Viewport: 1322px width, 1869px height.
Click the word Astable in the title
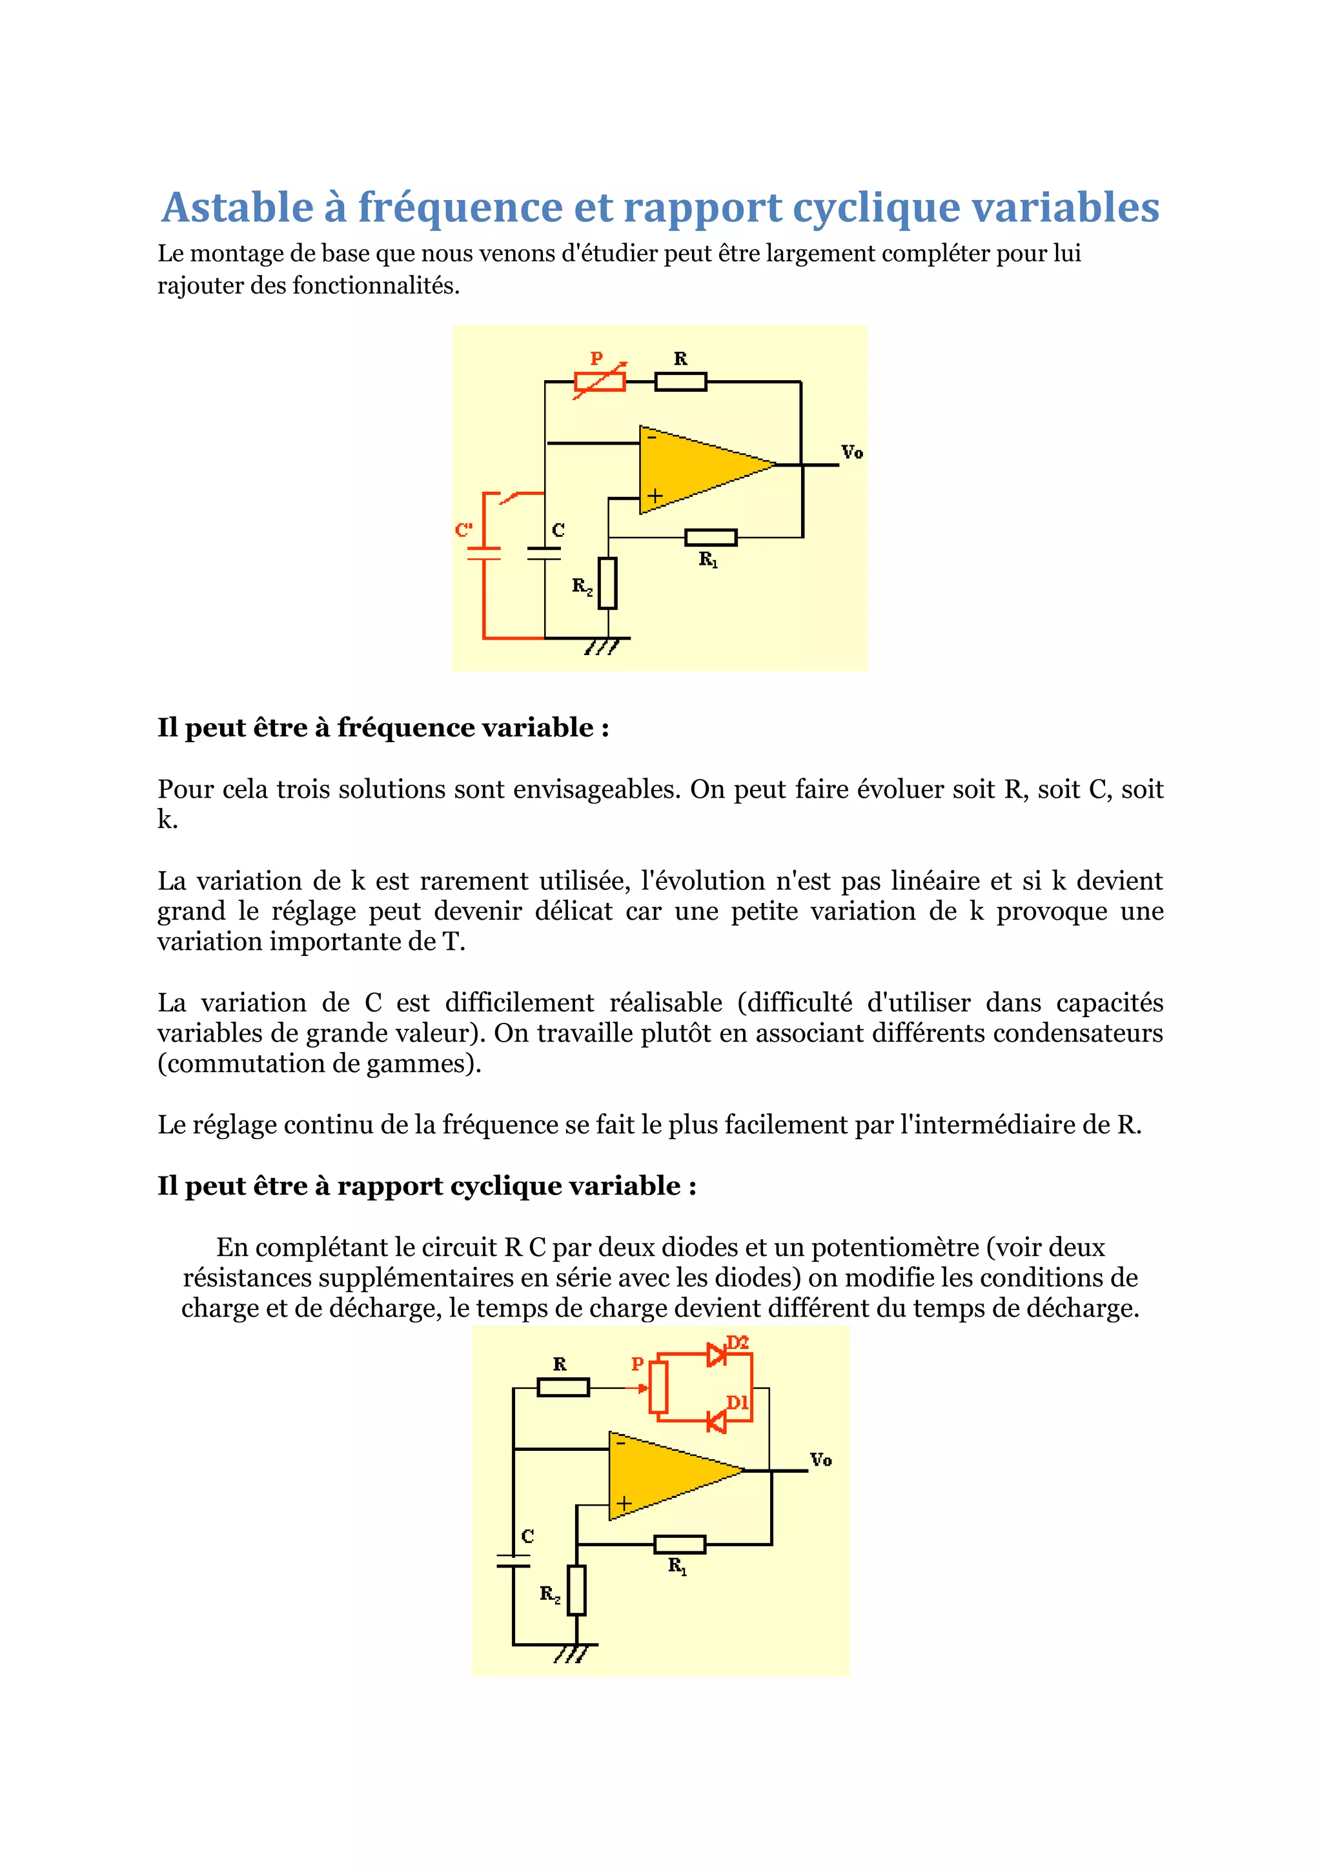237,208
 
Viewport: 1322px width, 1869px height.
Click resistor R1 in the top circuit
711,537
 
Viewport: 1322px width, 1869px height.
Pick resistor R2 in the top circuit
607,583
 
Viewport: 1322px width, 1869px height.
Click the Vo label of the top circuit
851,452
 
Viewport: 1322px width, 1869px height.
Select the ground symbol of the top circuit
602,645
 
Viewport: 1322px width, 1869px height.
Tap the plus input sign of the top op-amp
655,495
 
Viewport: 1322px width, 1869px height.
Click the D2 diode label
738,1342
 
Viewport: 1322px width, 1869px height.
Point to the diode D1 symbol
717,1422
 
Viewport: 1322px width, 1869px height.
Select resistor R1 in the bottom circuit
680,1544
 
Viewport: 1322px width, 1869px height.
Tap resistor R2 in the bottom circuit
576,1590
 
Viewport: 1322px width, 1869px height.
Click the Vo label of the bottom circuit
820,1460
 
